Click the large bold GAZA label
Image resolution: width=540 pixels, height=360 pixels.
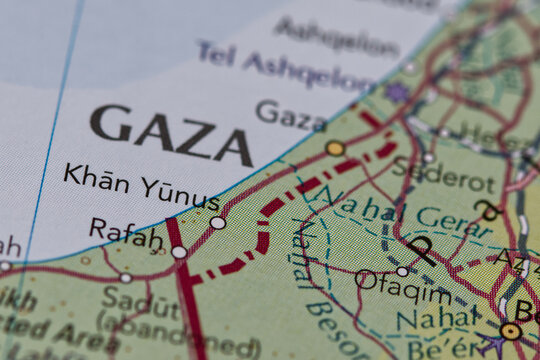coord(170,135)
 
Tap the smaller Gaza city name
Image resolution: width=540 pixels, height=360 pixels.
coord(291,115)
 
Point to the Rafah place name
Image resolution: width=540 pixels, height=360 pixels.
coord(126,234)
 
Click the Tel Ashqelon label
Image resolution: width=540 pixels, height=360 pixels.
coord(285,65)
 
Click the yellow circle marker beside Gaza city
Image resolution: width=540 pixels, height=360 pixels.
coord(335,149)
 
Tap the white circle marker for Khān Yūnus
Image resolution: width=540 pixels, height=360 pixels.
coord(218,222)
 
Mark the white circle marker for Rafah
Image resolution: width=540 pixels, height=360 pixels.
coord(179,252)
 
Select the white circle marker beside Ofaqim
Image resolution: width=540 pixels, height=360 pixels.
coord(401,271)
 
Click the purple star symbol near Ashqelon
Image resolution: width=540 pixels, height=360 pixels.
coord(397,92)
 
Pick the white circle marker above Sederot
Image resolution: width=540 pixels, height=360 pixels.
coord(428,157)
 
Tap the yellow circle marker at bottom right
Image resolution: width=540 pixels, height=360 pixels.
coord(511,330)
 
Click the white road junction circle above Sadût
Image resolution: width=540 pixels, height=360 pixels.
coord(126,278)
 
